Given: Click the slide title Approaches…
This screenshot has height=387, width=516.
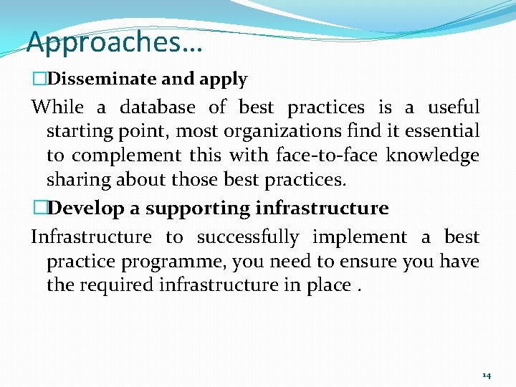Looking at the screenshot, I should tap(115, 43).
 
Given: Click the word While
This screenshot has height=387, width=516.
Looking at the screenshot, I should tap(57, 107).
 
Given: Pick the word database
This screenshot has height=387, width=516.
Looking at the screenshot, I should tap(157, 107).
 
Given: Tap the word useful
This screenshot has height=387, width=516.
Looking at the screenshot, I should tap(453, 107).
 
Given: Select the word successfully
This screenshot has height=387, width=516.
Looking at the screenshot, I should tap(248, 237).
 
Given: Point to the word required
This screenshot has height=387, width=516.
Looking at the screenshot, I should tap(115, 285).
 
